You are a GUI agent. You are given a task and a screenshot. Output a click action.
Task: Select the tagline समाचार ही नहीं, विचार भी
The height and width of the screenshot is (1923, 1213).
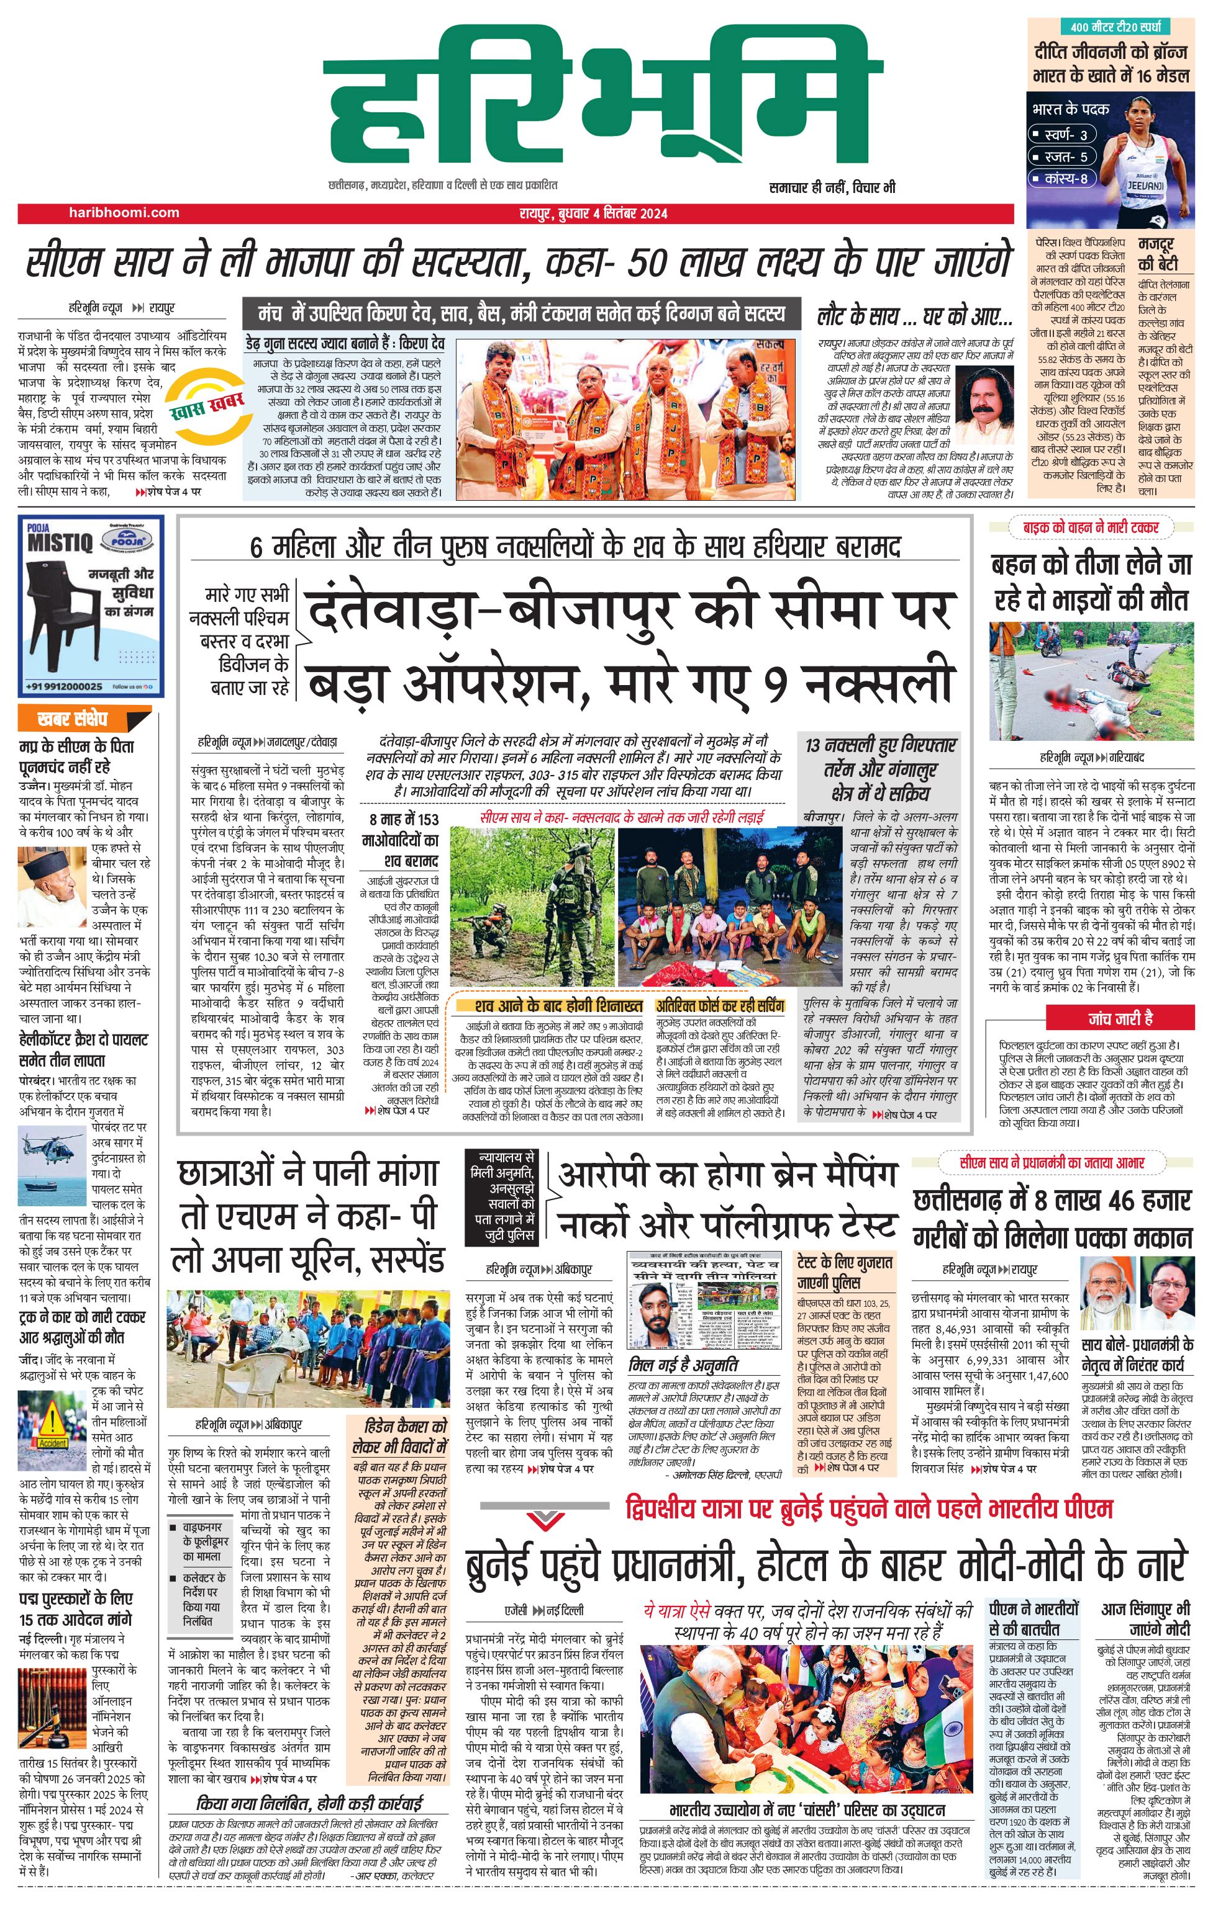pyautogui.click(x=832, y=187)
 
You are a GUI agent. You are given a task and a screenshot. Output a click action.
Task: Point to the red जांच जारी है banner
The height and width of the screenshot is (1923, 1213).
pyautogui.click(x=1120, y=1018)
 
